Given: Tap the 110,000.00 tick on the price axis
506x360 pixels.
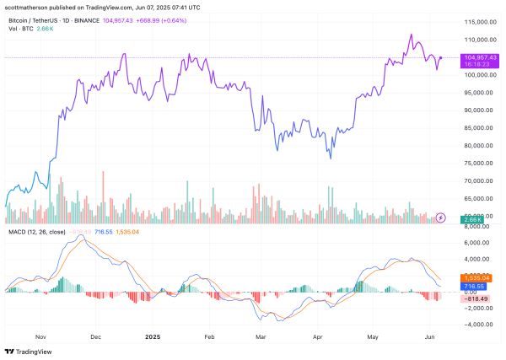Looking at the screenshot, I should tap(476, 40).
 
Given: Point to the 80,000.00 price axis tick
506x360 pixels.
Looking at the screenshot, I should tap(476, 145).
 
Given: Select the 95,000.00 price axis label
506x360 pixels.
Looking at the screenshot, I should tap(476, 92).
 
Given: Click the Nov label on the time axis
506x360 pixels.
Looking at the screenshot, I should tap(40, 335).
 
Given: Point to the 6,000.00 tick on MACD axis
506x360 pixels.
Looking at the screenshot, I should tap(476, 242).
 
